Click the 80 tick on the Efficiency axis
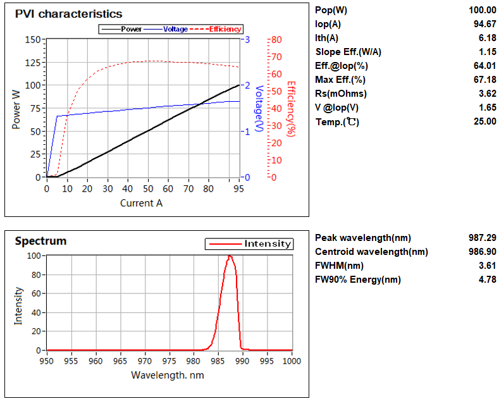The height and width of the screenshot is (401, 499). tap(275, 39)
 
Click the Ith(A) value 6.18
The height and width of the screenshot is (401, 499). tap(486, 38)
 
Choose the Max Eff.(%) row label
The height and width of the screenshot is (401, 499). tap(340, 80)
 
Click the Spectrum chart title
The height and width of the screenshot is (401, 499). tap(40, 241)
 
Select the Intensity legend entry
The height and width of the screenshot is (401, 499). tap(268, 244)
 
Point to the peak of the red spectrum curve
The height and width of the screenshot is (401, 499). tap(230, 256)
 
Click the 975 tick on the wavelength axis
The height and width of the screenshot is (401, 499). tap(169, 361)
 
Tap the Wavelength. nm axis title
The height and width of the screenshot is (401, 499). tap(167, 374)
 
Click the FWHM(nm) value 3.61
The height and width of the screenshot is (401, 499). tap(486, 266)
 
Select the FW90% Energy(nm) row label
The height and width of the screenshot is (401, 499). tap(357, 280)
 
